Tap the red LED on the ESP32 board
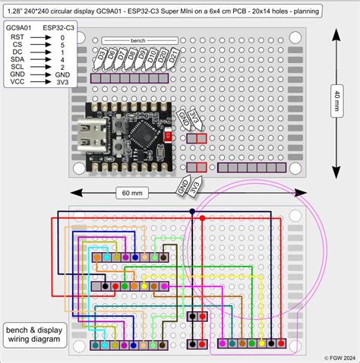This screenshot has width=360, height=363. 167,137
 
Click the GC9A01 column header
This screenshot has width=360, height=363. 20,27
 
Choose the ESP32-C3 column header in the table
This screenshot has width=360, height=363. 58,27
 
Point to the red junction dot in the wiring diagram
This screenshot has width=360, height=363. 202,219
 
